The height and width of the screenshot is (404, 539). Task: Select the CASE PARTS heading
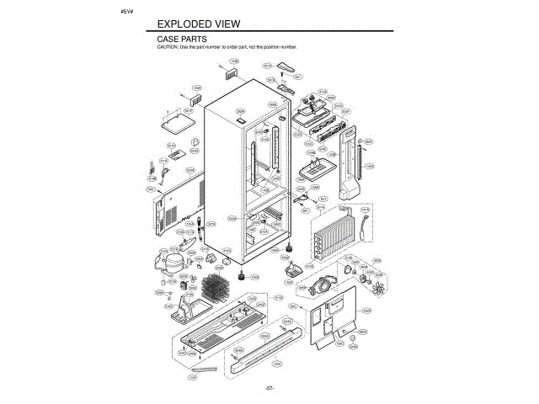pyautogui.click(x=183, y=39)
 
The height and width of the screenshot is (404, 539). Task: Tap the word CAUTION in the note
pyautogui.click(x=168, y=47)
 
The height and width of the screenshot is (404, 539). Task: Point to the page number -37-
pyautogui.click(x=269, y=388)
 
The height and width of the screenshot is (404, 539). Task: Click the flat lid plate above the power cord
pyautogui.click(x=177, y=124)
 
